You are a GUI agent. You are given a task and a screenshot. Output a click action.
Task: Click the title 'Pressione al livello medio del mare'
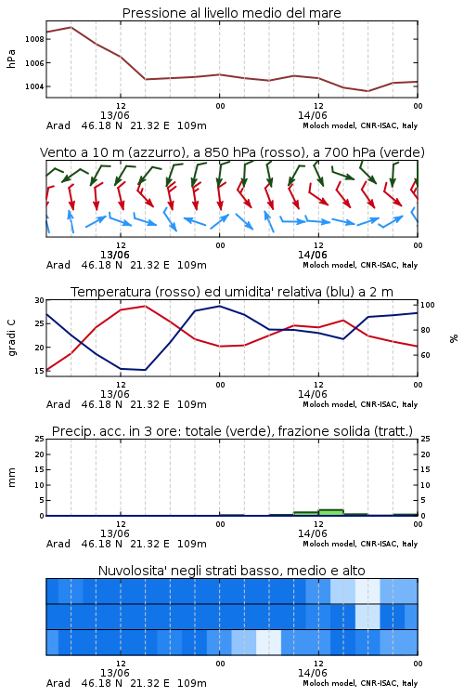coord(231,13)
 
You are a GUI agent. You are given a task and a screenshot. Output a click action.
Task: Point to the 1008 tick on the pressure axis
coord(34,39)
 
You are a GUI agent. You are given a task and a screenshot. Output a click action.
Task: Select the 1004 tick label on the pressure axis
coord(34,86)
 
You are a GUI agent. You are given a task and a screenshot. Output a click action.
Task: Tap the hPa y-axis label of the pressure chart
coord(11,59)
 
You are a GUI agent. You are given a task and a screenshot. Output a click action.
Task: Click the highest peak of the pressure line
coord(71,27)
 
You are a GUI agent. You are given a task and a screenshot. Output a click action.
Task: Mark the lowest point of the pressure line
coord(367,91)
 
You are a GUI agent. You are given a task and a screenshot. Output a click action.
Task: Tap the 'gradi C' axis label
coord(12,338)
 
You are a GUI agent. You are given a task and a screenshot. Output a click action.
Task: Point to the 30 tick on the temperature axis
coord(40,300)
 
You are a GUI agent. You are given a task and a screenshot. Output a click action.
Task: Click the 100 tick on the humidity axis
coord(428,305)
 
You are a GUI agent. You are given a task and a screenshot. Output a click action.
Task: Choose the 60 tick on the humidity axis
coord(425,355)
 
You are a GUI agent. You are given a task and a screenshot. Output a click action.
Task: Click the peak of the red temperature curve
coord(145,306)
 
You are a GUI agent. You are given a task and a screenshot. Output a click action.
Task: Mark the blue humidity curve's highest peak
coord(219,306)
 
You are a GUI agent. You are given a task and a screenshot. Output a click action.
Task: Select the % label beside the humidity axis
coord(454,338)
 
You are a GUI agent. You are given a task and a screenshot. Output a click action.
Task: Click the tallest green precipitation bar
coord(330,512)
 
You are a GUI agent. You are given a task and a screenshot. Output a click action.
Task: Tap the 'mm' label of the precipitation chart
coord(12,478)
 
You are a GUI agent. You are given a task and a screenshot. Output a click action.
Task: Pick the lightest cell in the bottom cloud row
coord(268,642)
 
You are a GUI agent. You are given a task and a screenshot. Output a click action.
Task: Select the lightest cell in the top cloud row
coord(367,591)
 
